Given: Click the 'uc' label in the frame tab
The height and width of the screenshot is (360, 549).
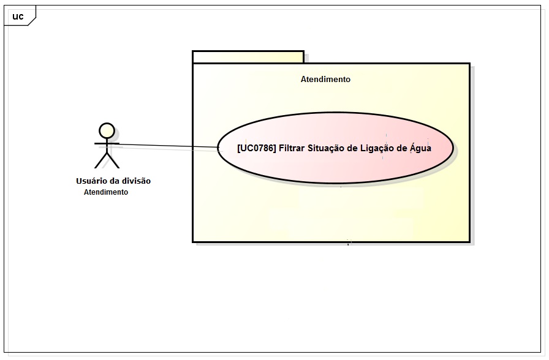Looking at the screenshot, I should click(x=18, y=17).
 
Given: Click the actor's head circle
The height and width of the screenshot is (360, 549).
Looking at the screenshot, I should click(x=107, y=130).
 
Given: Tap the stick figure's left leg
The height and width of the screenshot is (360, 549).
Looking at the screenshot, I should click(x=100, y=160).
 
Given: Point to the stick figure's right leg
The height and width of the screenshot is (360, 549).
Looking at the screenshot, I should click(x=113, y=160).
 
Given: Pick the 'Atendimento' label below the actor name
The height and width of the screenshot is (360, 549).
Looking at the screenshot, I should click(x=106, y=192).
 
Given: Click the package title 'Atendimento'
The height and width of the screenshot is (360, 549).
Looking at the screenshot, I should click(x=325, y=80).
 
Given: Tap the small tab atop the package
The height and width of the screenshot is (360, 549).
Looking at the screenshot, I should click(x=248, y=57).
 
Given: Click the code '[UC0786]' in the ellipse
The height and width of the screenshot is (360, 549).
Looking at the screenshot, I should click(x=256, y=148).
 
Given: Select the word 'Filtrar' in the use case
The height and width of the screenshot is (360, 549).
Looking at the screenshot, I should click(x=293, y=148).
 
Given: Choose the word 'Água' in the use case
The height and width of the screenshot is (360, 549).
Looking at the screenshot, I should click(x=421, y=148).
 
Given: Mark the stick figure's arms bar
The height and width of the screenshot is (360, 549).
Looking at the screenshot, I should click(x=107, y=143).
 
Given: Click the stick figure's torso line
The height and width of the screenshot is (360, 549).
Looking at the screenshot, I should click(x=107, y=147).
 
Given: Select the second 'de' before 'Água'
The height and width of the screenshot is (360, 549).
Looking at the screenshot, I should click(x=401, y=148).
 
